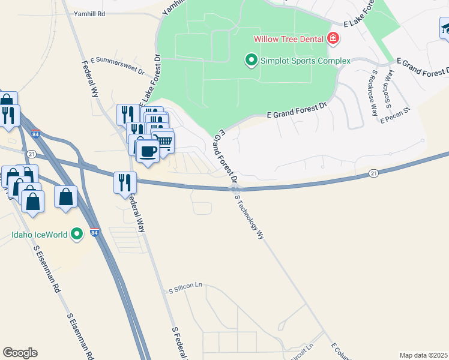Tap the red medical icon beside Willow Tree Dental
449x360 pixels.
(333, 40)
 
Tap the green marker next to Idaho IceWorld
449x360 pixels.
(77, 234)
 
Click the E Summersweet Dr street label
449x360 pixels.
(118, 65)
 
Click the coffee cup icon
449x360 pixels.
(148, 151)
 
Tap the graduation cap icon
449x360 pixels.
(445, 28)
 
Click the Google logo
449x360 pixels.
(20, 353)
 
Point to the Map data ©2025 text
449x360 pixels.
(423, 355)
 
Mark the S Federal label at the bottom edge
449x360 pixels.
(178, 343)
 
